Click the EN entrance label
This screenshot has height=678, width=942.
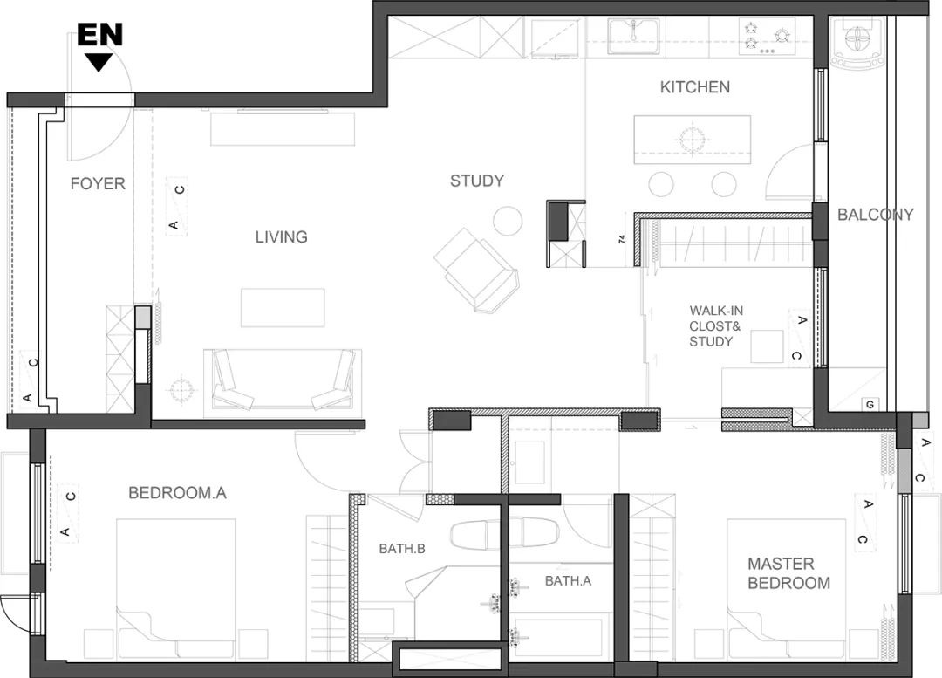point(99,34)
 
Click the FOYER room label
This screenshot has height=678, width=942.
point(98,183)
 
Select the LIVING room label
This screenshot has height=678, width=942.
point(281,236)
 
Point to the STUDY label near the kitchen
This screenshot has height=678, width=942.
point(477,181)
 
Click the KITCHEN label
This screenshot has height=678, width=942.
point(695,87)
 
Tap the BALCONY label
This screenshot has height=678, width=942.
point(876,215)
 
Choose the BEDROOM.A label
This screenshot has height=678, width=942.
point(177,493)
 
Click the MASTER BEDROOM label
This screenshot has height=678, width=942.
point(788,573)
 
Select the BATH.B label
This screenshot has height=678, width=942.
point(402,549)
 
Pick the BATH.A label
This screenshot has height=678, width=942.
point(568,580)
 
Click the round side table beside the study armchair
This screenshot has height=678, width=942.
point(508,221)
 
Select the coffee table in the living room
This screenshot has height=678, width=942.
point(283,308)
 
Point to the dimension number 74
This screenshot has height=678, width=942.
point(623,239)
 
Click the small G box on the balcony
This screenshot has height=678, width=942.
point(870,405)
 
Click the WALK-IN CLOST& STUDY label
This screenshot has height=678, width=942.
point(715,326)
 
